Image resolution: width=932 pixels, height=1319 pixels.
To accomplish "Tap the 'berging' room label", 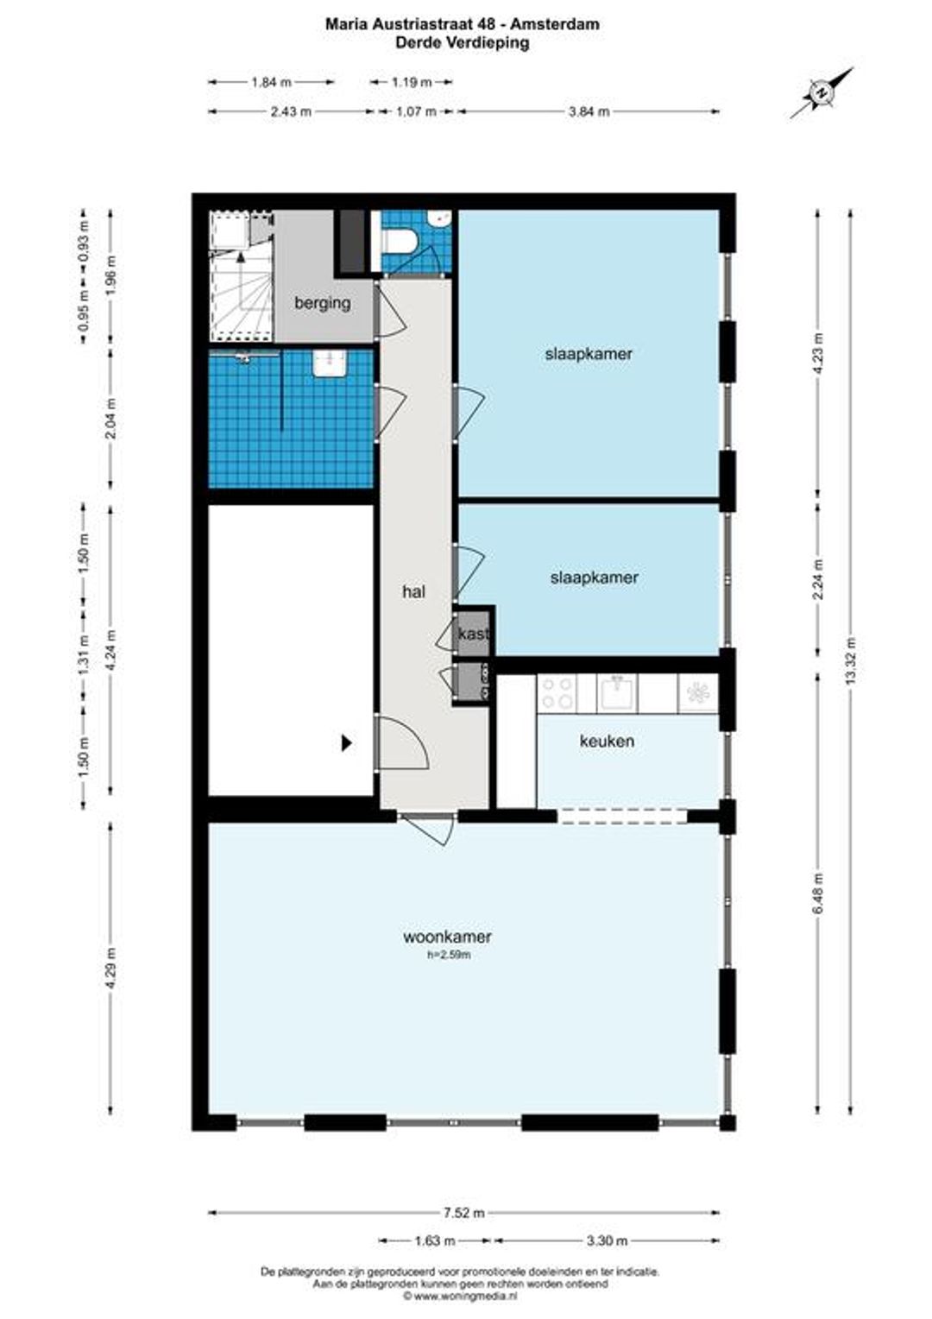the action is pos(322,303).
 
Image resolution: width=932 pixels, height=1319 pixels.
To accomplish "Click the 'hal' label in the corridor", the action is pos(414,591).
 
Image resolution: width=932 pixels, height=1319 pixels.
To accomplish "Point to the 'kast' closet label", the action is pos(474,634).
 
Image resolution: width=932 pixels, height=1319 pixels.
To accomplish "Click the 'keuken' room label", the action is pos(607,741).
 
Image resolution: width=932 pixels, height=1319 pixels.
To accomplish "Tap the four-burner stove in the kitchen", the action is pos(557,693).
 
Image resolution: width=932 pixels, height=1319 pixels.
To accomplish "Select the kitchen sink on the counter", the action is pos(617,693).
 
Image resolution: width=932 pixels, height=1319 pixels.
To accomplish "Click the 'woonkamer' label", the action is pos(447,937).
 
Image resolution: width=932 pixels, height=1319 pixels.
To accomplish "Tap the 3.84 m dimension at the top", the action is pos(589,112).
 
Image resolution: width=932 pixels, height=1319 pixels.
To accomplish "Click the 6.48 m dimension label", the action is pos(819,893).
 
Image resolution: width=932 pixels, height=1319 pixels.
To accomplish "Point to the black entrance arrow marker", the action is pos(347,743).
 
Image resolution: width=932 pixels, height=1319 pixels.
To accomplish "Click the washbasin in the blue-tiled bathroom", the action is pos(331,363).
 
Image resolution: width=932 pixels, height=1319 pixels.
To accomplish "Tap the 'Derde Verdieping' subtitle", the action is pos(462,42).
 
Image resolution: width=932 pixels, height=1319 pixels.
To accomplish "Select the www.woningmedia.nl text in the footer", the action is pos(464,1295).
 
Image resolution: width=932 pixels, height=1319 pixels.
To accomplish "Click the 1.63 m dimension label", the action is pos(435,1241).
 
